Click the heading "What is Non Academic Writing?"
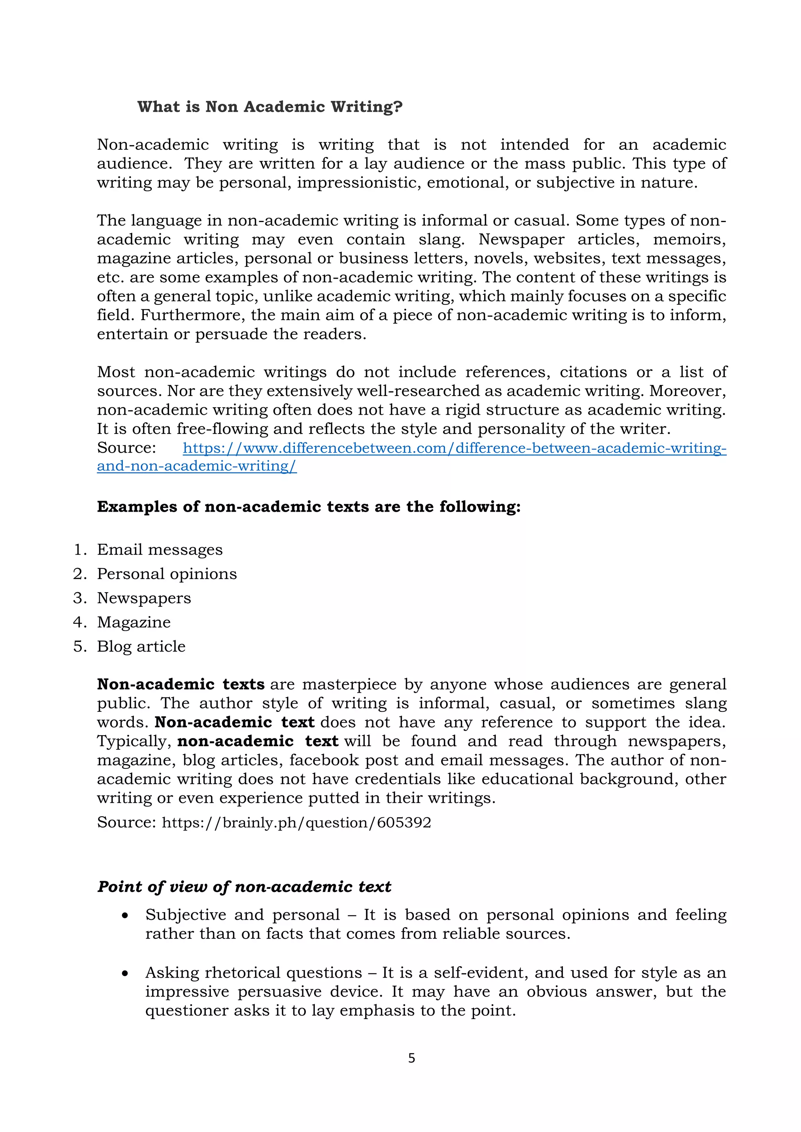click(269, 106)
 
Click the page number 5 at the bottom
click(411, 1058)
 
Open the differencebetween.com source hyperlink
click(454, 448)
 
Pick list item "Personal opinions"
click(167, 573)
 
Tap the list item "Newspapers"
click(144, 598)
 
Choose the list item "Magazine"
click(134, 622)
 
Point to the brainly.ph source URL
click(296, 822)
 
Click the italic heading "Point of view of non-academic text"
click(244, 887)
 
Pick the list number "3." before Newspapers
click(79, 598)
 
